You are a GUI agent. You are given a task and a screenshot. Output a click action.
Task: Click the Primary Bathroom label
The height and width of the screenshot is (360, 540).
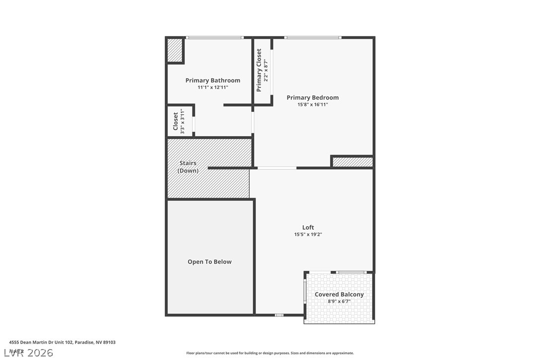click(213, 81)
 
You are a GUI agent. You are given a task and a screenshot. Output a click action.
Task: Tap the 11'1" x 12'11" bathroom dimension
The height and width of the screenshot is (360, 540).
click(213, 88)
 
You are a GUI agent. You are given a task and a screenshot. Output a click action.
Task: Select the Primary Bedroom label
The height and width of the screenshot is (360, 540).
click(312, 97)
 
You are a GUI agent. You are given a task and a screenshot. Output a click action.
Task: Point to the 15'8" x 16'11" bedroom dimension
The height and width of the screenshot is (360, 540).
click(312, 104)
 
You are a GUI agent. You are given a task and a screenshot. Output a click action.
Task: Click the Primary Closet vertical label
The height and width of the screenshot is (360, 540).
click(259, 70)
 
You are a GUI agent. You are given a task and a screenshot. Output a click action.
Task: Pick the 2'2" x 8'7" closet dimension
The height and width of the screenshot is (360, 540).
click(266, 70)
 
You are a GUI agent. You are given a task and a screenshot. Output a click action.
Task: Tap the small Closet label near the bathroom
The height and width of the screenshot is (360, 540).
click(176, 121)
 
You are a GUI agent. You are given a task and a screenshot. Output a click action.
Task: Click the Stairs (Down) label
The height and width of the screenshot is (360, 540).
click(188, 167)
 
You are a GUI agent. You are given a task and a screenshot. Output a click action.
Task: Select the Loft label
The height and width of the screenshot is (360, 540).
click(308, 227)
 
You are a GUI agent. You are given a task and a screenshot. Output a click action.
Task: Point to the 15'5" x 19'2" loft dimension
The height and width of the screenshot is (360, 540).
click(308, 234)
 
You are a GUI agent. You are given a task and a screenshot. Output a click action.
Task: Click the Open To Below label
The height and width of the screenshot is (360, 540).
click(209, 262)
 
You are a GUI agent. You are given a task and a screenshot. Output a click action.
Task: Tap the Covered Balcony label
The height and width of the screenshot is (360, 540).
click(339, 294)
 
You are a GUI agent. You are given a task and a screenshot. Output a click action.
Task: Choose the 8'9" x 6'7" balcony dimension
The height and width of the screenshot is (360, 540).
click(339, 301)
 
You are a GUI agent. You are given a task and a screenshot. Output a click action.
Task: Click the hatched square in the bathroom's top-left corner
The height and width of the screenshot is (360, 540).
click(175, 50)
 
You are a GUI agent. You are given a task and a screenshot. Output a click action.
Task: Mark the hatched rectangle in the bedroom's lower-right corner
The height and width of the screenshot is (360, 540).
click(353, 162)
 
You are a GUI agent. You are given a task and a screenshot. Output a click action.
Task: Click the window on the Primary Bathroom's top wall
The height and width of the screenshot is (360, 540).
click(214, 37)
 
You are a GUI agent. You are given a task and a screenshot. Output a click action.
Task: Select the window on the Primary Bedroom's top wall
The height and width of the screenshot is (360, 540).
click(313, 37)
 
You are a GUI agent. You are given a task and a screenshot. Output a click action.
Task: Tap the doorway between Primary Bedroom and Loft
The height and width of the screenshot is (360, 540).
click(277, 168)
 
